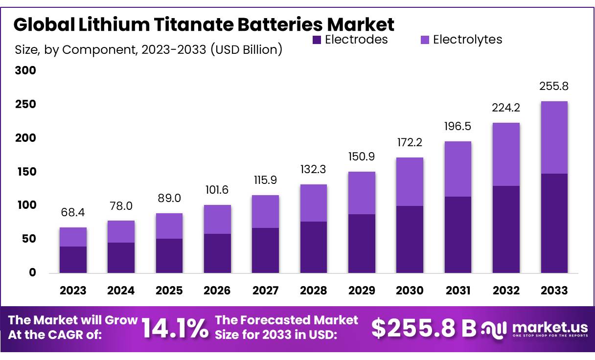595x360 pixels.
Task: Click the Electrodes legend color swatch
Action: coord(317,40)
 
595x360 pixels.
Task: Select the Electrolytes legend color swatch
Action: coord(424,40)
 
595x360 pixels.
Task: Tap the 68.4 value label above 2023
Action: coord(73,213)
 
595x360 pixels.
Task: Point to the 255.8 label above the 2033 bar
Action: coord(554,87)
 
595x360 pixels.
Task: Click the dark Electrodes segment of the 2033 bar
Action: coord(554,223)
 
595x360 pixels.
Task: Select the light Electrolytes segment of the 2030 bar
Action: coord(410,181)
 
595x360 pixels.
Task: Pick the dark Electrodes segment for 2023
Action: coord(73,259)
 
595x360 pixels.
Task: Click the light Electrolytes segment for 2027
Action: coord(265,211)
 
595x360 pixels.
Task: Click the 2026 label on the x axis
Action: coord(217,291)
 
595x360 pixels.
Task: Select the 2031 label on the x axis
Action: coord(458,291)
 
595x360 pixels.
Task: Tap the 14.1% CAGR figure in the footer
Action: coord(175,328)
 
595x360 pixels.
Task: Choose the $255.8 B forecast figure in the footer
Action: coord(423,328)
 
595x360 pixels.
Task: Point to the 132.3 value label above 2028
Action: coord(313,170)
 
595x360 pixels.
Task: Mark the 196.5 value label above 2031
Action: coord(458,127)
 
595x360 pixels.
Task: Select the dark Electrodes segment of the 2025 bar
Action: coord(169,255)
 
